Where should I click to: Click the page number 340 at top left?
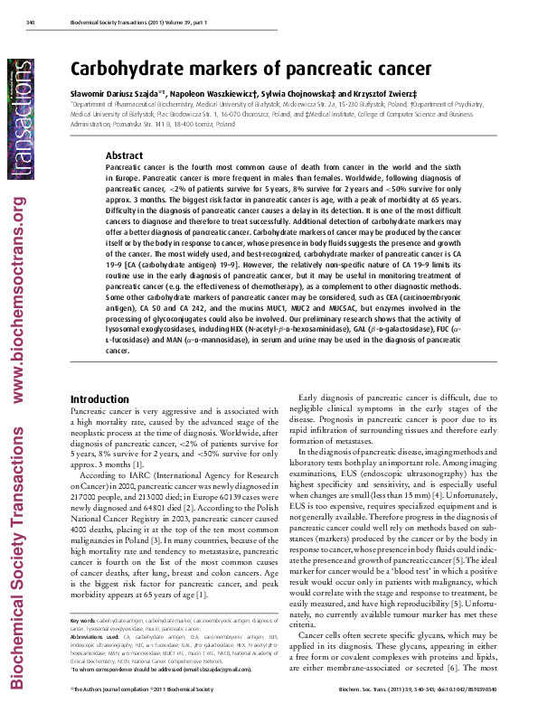30,22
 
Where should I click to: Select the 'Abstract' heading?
125,155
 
